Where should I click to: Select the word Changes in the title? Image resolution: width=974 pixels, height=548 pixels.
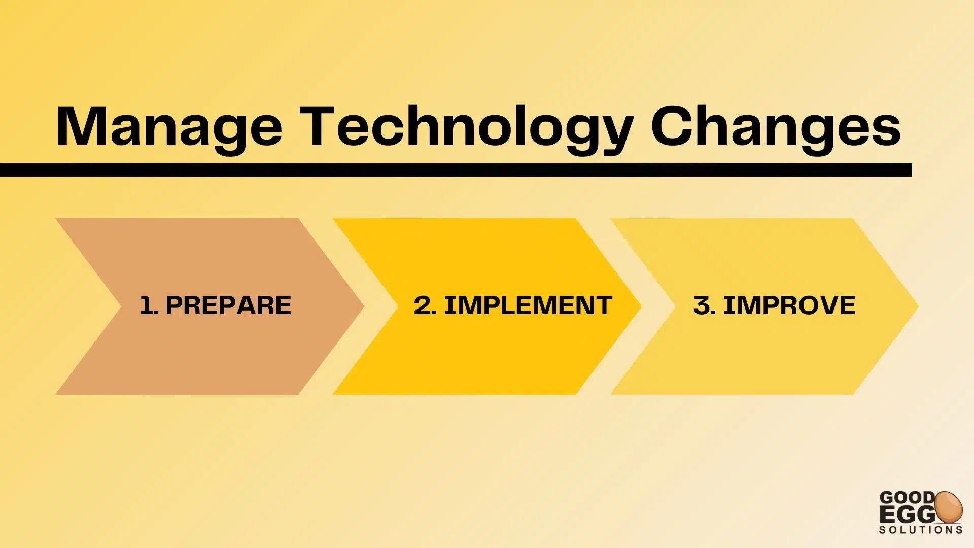776,129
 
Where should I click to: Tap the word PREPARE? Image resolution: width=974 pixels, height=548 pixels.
228,305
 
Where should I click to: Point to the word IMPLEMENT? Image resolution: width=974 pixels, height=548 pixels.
528,305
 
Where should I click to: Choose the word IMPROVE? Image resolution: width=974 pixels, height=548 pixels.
789,305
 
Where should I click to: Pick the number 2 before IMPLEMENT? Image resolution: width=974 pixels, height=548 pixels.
422,305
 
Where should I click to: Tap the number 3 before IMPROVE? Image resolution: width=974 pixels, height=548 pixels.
702,305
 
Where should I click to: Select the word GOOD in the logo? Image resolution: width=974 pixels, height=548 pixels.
907,497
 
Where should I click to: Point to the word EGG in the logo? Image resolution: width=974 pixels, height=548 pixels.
907,515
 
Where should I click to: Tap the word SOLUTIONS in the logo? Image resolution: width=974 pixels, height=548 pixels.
921,530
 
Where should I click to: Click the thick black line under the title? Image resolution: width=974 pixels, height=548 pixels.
456,170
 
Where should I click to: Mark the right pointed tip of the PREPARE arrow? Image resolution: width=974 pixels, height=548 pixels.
364,306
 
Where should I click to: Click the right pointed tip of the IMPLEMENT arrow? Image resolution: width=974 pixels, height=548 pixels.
641,306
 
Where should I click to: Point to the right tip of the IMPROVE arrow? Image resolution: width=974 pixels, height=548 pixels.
918,306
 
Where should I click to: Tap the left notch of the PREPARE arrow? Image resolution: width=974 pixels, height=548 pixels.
121,306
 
